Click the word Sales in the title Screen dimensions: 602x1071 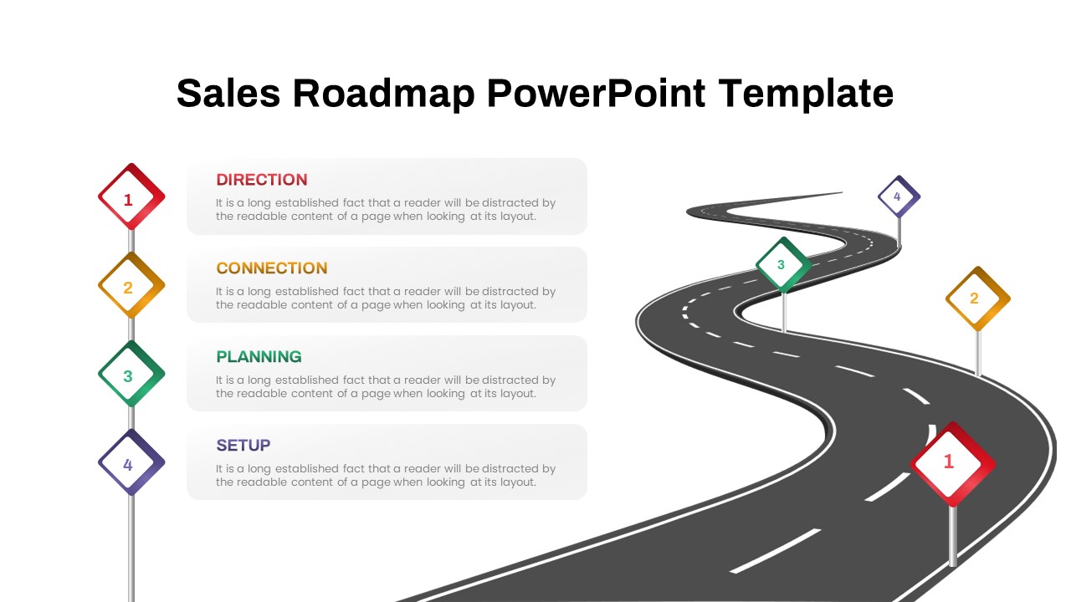pyautogui.click(x=228, y=93)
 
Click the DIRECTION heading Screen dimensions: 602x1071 pyautogui.click(x=262, y=180)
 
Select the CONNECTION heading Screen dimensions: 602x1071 pyautogui.click(x=272, y=268)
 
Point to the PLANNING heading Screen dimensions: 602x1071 pyautogui.click(x=259, y=357)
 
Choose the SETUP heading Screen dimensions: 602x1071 pyautogui.click(x=243, y=446)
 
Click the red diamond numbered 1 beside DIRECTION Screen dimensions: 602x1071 pyautogui.click(x=131, y=197)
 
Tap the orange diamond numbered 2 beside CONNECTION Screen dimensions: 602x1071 pyautogui.click(x=131, y=286)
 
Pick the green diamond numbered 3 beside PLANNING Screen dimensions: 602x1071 pyautogui.click(x=131, y=375)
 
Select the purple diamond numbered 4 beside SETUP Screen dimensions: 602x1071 pyautogui.click(x=131, y=463)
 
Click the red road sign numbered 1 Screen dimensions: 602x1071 pyautogui.click(x=951, y=463)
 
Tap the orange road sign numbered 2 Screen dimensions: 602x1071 pyautogui.click(x=977, y=298)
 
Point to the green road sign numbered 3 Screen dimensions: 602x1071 pyautogui.click(x=783, y=265)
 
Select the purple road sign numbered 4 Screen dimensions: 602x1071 pyautogui.click(x=899, y=197)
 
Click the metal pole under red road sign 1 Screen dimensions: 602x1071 pyautogui.click(x=952, y=535)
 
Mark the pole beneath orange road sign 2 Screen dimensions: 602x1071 pyautogui.click(x=977, y=353)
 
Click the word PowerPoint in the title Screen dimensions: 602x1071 pyautogui.click(x=596, y=93)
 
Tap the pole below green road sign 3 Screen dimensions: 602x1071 pyautogui.click(x=784, y=311)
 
